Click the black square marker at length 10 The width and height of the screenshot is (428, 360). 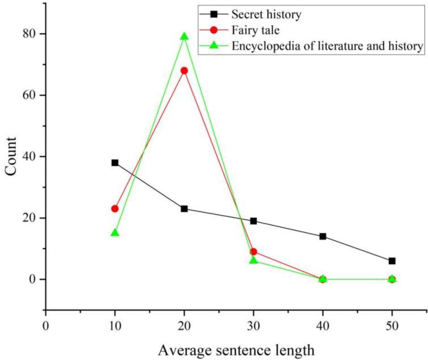point(115,163)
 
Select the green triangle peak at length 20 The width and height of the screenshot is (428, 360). point(184,36)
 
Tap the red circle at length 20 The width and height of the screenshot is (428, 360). point(184,71)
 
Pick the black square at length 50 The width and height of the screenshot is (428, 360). point(392,261)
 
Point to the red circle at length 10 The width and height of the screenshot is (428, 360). point(115,209)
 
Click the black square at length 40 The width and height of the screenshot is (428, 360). point(323,236)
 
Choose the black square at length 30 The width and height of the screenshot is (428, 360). point(253,221)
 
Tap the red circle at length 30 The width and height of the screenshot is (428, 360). point(253,252)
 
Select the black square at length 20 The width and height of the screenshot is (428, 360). point(184,209)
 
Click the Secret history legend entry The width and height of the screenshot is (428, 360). point(267,15)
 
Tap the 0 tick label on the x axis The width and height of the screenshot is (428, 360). point(46,326)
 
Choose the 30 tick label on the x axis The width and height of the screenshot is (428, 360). point(253,326)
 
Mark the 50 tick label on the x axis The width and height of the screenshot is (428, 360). point(392,326)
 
